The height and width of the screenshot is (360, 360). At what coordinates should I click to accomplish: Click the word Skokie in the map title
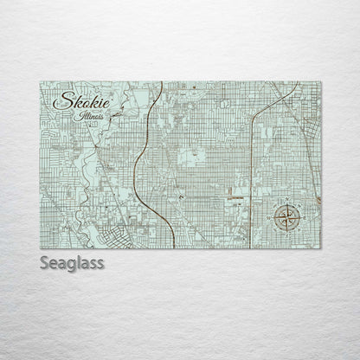(76, 104)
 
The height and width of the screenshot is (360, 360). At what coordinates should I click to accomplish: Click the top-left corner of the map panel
(41, 81)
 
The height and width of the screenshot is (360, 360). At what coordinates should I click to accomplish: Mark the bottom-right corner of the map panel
(321, 247)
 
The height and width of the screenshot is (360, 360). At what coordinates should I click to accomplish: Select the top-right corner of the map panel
(321, 81)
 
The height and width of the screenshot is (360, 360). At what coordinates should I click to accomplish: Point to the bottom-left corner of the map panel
(41, 247)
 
